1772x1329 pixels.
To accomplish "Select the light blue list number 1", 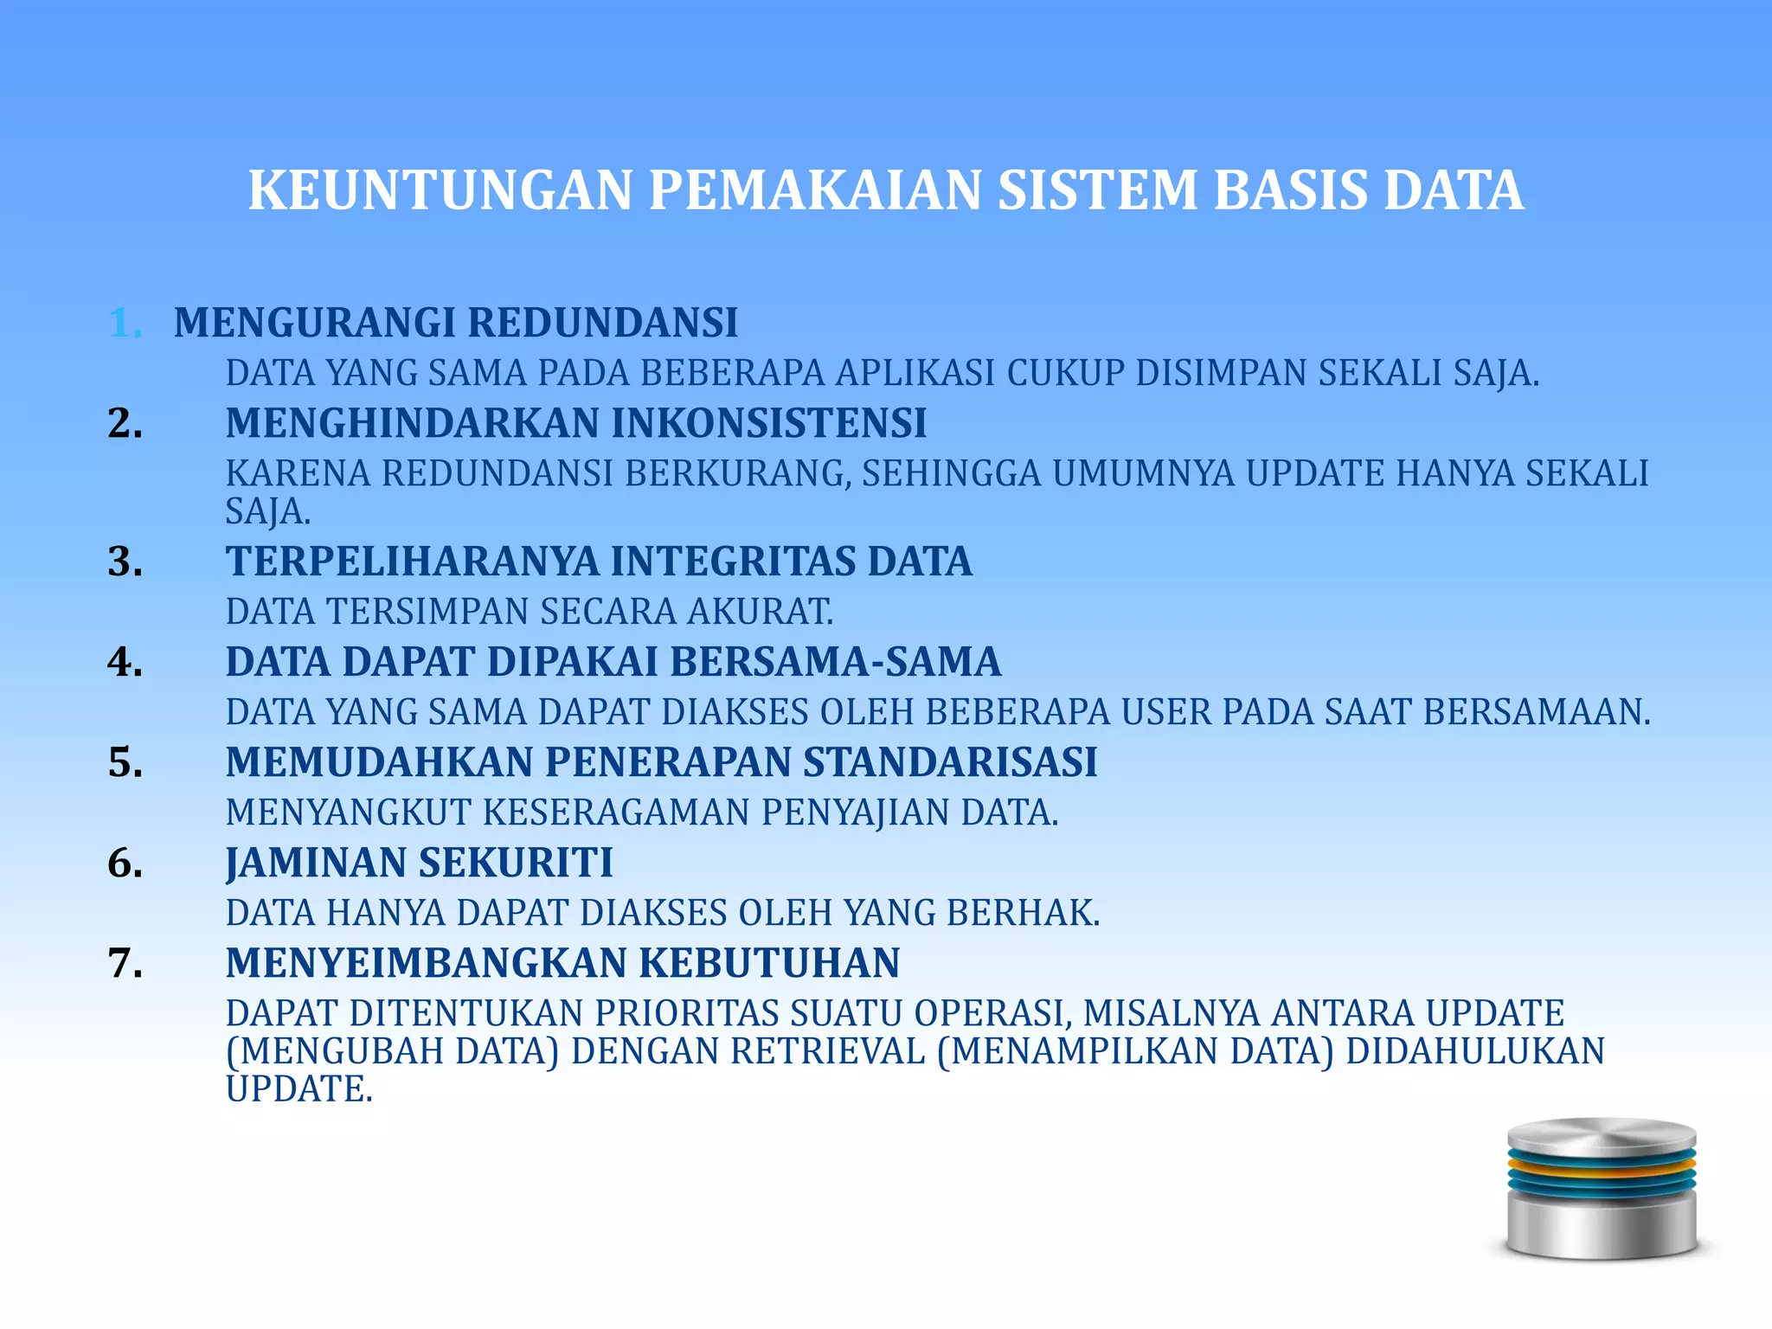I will [x=125, y=324].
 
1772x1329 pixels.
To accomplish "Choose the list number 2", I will [x=125, y=424].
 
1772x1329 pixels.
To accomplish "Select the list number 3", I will [x=125, y=562].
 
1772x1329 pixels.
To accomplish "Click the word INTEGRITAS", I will [x=733, y=562].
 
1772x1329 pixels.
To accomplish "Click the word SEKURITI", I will [x=516, y=863].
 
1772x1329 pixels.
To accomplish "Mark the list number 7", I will [x=125, y=963].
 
